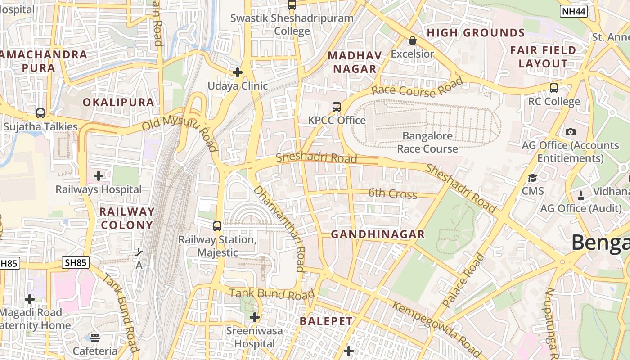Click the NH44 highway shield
(x=574, y=12)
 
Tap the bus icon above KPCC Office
(x=337, y=107)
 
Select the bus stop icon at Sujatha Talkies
(x=40, y=113)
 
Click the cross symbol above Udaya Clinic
(x=238, y=72)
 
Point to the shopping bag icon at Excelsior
(x=412, y=41)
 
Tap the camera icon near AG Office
(x=571, y=132)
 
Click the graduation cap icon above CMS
(x=533, y=178)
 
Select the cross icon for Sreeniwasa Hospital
(x=255, y=317)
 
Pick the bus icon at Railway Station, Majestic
(x=217, y=226)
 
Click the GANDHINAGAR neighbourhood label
(x=378, y=234)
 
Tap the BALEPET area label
(x=326, y=321)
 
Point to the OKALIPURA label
(x=118, y=102)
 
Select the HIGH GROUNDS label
(x=476, y=33)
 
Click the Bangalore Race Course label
(x=427, y=142)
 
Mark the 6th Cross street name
(x=393, y=194)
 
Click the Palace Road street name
(x=464, y=280)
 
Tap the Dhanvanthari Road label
(x=279, y=228)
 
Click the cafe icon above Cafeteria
(x=95, y=337)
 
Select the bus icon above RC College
(x=554, y=88)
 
